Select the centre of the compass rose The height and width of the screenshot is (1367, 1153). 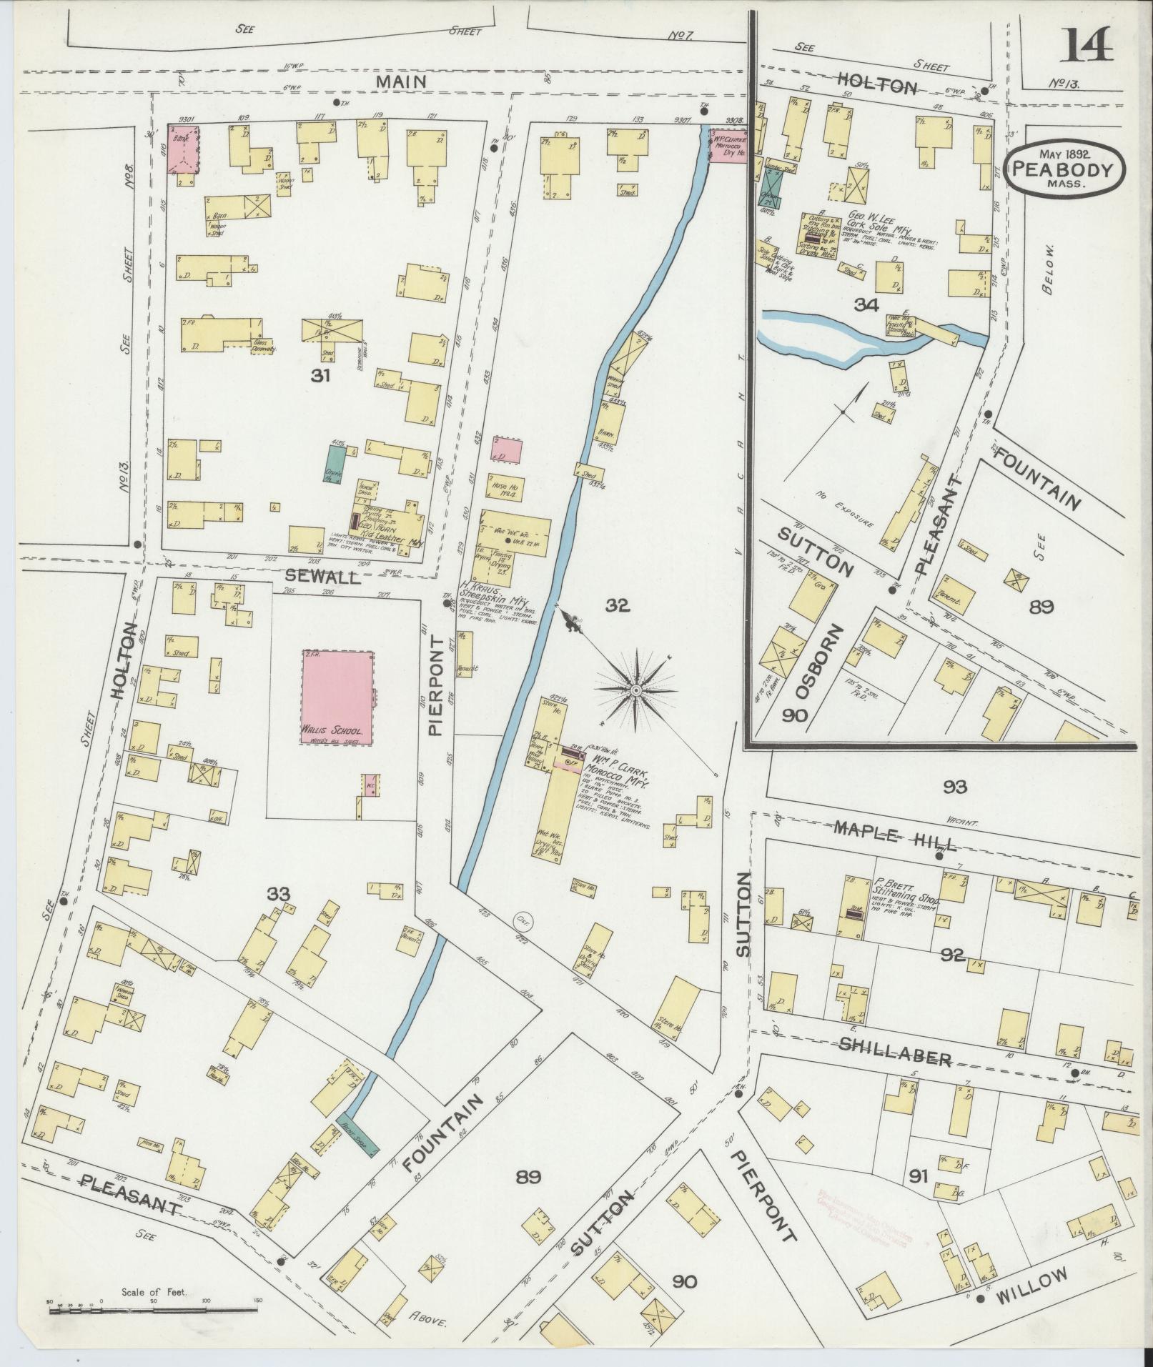(635, 690)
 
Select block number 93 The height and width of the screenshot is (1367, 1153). (954, 787)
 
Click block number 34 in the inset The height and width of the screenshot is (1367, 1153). (866, 305)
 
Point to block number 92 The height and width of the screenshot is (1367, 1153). (953, 955)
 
